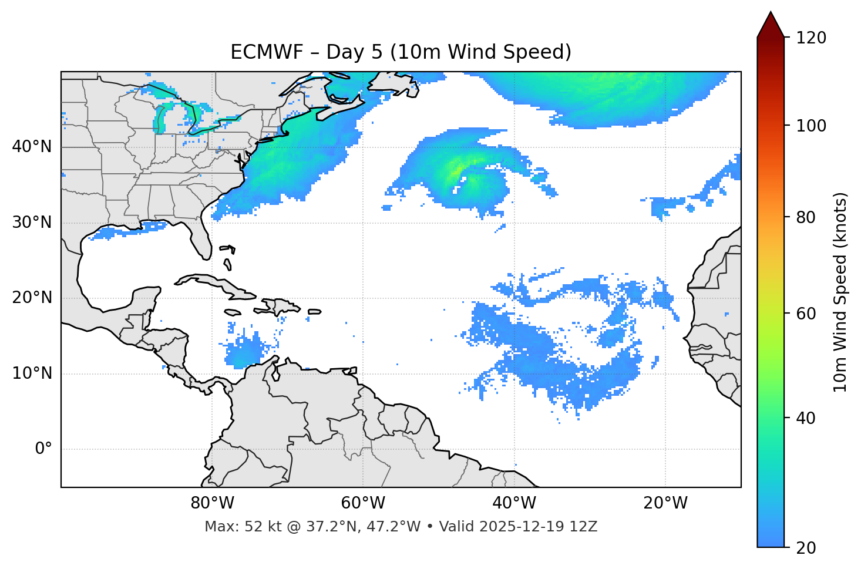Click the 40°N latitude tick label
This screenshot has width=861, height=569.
coord(32,147)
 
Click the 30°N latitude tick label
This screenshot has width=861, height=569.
coord(32,223)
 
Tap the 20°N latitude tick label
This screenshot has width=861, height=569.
coord(32,298)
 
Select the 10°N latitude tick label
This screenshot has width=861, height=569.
coord(32,373)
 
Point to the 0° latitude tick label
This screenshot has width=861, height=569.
coord(43,449)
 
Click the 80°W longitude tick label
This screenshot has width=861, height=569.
coord(212,503)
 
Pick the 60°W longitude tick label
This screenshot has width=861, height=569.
coord(363,503)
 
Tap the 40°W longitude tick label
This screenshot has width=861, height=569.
coord(514,503)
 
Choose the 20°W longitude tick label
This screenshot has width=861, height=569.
coord(665,503)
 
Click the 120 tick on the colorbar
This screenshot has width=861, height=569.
coord(810,38)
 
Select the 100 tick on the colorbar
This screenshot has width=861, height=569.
coord(810,126)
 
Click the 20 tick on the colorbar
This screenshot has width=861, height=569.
coord(805,548)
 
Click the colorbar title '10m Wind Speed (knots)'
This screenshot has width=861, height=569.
coord(840,292)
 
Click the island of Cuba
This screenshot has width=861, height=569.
coord(217,284)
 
